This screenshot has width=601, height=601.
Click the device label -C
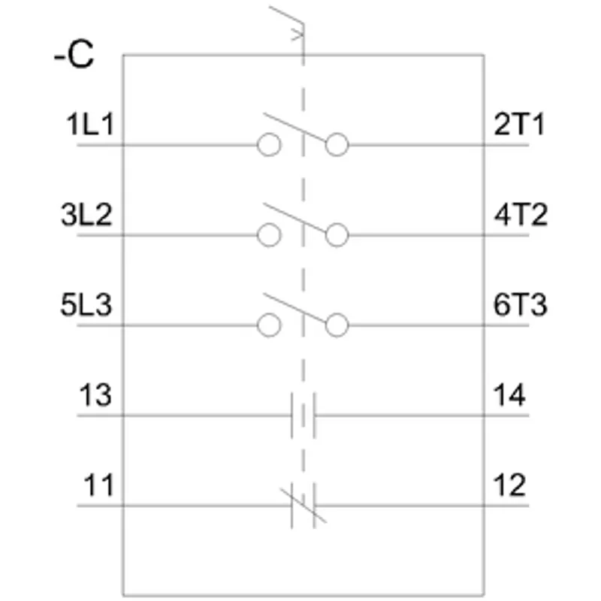tap(74, 55)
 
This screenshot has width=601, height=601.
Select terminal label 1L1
tap(90, 124)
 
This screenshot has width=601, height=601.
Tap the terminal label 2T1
tap(519, 124)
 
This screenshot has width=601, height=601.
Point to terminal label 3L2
tap(86, 214)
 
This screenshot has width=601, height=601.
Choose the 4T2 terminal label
tap(521, 214)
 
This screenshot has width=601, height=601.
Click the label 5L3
tap(86, 305)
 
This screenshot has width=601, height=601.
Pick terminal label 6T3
tap(520, 305)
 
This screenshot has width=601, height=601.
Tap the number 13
tap(95, 395)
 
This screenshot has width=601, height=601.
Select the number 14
tap(509, 395)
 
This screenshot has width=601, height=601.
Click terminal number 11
tap(99, 485)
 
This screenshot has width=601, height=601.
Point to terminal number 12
tap(509, 485)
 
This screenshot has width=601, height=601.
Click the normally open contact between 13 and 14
tap(292, 415)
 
